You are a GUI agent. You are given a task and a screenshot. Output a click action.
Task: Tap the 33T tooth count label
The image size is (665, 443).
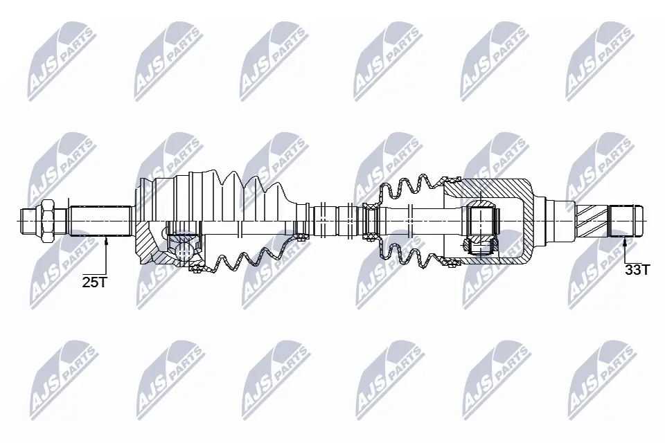tap(637, 270)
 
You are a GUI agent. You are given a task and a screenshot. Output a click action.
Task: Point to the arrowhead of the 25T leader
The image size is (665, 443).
tap(107, 241)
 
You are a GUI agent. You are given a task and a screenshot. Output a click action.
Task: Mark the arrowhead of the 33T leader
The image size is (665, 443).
tap(625, 241)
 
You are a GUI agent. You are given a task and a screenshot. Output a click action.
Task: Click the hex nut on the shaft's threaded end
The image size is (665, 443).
tap(47, 220)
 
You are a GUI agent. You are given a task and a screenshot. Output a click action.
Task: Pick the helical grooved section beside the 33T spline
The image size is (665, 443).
tap(592, 220)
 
